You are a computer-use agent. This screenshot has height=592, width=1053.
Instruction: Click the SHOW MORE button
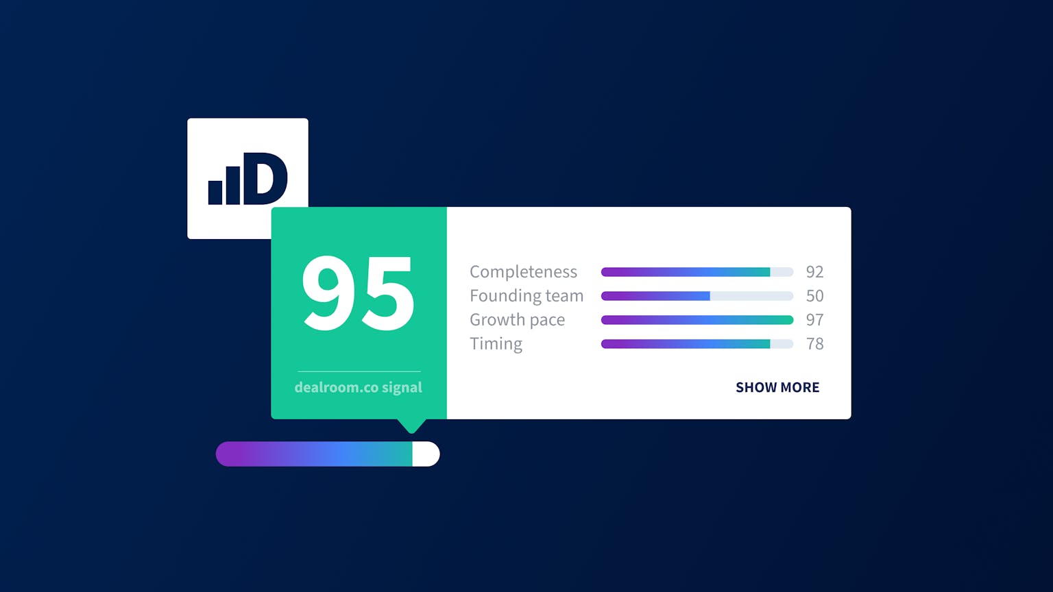[777, 387]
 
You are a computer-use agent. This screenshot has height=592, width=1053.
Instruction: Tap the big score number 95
[359, 293]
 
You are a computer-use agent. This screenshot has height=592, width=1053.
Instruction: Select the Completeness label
[523, 271]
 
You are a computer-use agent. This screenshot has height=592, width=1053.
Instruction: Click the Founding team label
[526, 295]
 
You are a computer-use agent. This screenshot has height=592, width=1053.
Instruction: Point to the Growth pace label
[517, 319]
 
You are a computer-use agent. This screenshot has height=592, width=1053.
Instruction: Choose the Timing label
[496, 343]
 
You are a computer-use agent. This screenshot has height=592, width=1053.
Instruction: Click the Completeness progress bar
[697, 272]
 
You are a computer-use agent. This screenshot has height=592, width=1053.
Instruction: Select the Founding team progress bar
[697, 296]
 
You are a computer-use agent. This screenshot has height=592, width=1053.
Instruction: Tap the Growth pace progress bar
[697, 320]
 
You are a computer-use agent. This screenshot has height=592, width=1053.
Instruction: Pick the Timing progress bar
[697, 344]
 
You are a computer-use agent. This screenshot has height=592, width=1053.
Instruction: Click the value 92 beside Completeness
[814, 272]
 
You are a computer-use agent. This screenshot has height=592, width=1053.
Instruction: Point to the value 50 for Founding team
[814, 296]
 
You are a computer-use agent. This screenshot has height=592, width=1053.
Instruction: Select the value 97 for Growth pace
[814, 320]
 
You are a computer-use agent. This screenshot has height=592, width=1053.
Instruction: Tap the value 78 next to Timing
[814, 344]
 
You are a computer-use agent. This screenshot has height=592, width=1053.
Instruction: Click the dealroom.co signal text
[359, 387]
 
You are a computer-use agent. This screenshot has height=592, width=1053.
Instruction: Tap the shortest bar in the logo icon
[215, 193]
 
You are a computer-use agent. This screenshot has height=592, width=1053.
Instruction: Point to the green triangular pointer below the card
[412, 425]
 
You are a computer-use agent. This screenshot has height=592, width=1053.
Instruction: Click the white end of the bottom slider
[426, 454]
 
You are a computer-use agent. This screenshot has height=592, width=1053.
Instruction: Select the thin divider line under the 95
[359, 371]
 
